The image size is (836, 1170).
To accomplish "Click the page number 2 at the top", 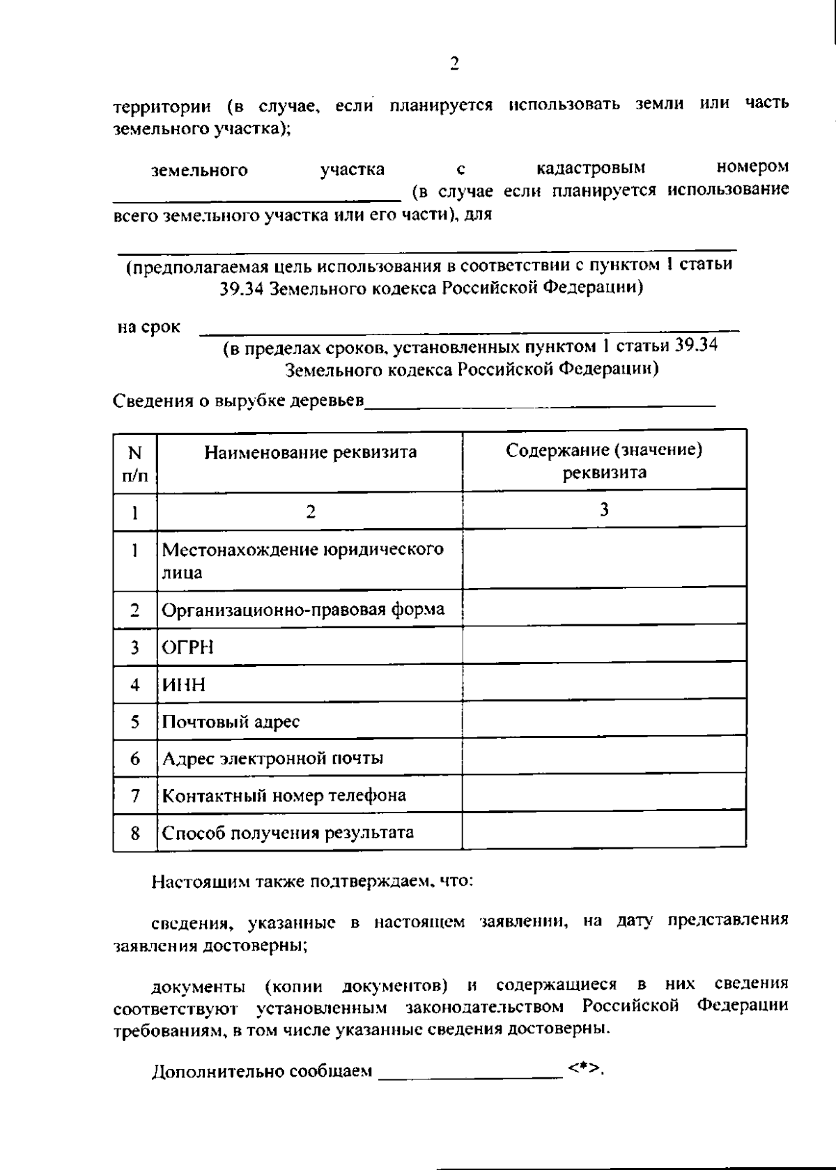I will [454, 64].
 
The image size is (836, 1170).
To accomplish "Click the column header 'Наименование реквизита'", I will [310, 452].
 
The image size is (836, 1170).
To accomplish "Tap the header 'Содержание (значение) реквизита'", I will [603, 461].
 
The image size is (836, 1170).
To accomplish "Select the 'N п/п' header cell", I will [135, 463].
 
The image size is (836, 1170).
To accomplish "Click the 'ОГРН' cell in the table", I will [188, 647].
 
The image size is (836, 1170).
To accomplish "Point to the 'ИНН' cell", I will [184, 684].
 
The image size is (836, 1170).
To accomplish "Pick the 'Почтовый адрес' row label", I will [231, 721].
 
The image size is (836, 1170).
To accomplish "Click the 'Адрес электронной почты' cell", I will [272, 758].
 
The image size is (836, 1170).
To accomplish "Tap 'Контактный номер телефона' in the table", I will [284, 795].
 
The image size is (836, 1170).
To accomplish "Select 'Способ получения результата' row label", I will [288, 833].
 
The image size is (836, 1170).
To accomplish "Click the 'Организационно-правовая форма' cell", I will [303, 610].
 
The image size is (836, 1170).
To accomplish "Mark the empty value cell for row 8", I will [603, 832].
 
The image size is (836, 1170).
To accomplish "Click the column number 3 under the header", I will [603, 509].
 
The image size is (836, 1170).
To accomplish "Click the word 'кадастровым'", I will [591, 168].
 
